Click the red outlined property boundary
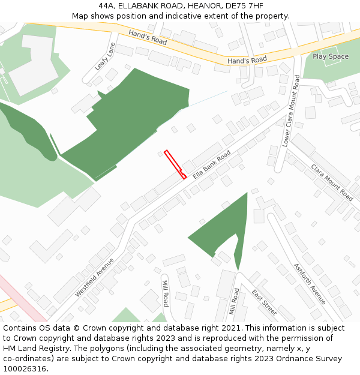175,164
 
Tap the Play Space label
330,56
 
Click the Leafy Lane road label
104,56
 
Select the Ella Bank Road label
212,165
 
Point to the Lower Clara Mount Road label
291,111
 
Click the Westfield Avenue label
94,278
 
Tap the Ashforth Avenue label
310,283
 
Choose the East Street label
264,302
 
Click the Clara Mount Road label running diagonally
332,182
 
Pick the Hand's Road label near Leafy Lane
148,38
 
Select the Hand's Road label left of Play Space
247,61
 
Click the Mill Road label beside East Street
235,304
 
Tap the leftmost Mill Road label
166,293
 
